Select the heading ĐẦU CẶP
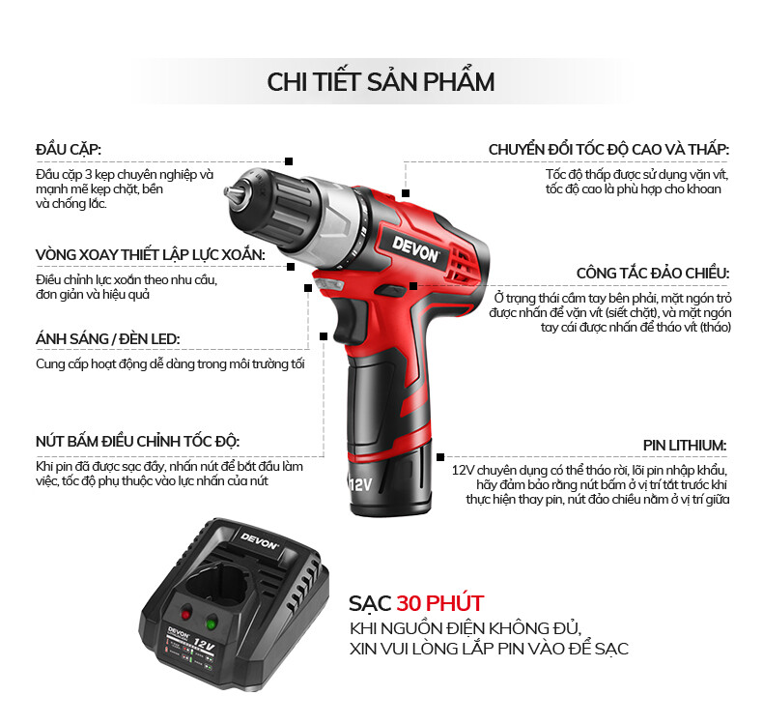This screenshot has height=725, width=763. [x=69, y=149]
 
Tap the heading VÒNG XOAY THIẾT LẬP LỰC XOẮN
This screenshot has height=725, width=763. [x=151, y=254]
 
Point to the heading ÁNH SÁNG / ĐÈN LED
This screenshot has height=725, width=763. [x=107, y=338]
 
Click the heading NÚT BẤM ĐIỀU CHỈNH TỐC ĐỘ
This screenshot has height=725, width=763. [x=138, y=441]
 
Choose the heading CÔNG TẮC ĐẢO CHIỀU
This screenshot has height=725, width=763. [x=653, y=273]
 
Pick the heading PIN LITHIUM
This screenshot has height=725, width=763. [x=685, y=446]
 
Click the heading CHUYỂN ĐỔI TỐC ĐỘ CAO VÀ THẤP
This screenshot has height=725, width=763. [x=608, y=149]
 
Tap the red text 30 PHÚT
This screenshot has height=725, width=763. [x=439, y=603]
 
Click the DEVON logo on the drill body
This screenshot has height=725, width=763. [x=416, y=250]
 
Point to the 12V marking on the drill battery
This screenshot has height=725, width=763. [x=360, y=484]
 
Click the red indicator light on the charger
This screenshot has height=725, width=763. [x=185, y=614]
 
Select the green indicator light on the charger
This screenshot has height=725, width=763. [x=212, y=623]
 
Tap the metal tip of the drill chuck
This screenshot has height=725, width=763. [x=231, y=192]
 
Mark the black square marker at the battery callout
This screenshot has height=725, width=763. [x=440, y=456]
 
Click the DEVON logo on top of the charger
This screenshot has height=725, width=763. [x=260, y=540]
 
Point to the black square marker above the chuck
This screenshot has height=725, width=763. [x=289, y=161]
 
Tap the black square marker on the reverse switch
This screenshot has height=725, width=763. [x=413, y=286]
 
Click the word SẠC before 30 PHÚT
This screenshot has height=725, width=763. [x=370, y=603]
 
